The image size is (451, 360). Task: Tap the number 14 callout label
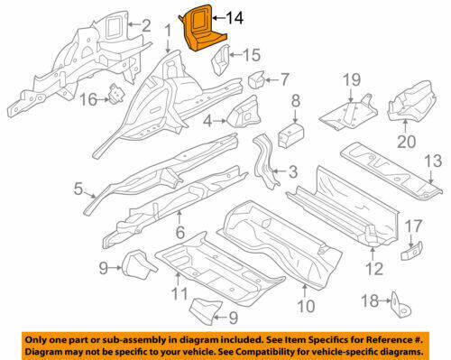(235, 18)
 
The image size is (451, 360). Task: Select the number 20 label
(406, 142)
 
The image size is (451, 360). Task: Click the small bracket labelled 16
(116, 94)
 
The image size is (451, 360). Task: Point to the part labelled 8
(290, 135)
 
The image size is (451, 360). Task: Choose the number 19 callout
(352, 80)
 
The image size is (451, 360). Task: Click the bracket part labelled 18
(400, 305)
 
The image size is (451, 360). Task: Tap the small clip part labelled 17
(411, 250)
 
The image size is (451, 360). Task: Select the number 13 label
(433, 161)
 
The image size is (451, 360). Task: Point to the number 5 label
(78, 189)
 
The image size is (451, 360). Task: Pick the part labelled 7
(256, 79)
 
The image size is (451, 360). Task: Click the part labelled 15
(221, 60)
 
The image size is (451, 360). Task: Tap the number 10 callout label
(306, 306)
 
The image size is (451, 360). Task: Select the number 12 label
(374, 269)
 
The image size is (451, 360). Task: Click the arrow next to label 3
(280, 171)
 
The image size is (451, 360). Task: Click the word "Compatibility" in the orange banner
(262, 351)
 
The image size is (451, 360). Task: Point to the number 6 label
(180, 232)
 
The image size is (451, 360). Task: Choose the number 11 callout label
(179, 293)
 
